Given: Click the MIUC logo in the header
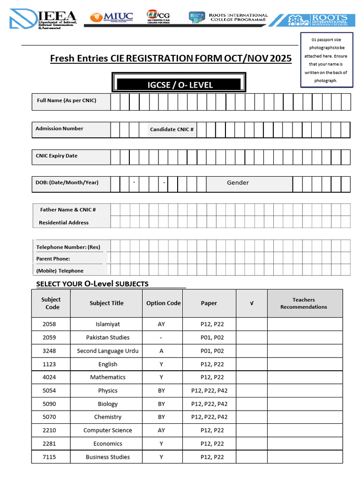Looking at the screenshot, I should point(112,17).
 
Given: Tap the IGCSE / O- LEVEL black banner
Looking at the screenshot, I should point(178,85).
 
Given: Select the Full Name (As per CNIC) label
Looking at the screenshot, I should point(67,100).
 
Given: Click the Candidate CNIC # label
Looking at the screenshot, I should point(172,129).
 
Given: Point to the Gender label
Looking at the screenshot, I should point(238,183).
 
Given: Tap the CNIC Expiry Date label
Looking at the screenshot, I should point(57,156).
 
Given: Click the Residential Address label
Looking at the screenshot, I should point(64,223).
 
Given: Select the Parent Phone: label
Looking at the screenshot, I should point(53,259).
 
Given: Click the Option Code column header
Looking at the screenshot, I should point(163,303).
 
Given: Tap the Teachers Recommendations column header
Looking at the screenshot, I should point(304,303).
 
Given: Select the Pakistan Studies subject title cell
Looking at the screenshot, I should point(108,337).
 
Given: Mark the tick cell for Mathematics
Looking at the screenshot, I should point(251,377).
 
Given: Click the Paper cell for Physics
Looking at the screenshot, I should point(209,390).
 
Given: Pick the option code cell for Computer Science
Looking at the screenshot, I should point(161,430).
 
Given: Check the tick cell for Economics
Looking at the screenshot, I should point(251,444).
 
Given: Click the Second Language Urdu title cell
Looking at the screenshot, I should point(108,351).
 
